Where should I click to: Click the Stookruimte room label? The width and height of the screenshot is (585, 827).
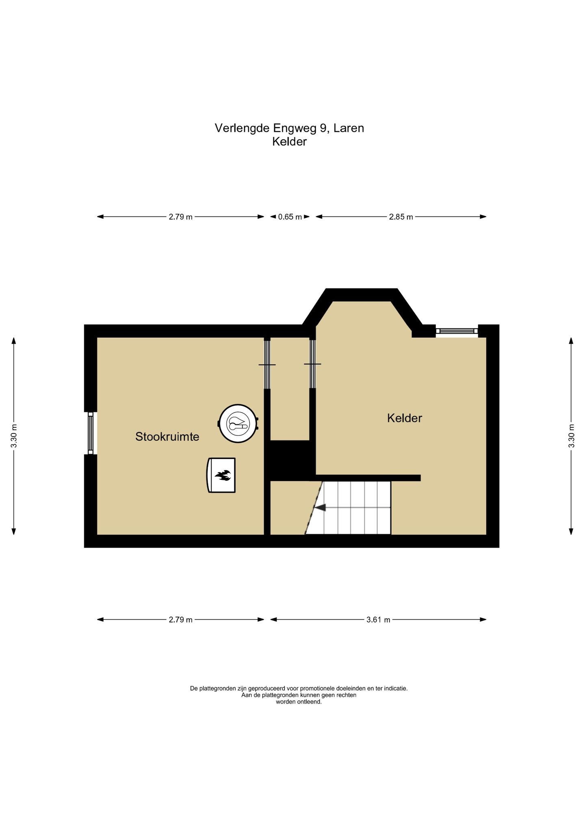167,437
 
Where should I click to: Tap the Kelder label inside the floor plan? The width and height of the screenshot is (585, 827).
405,418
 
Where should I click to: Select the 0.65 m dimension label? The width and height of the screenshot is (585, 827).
290,217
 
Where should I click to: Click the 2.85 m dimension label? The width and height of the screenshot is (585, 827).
401,217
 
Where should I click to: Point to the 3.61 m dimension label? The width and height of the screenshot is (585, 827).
378,619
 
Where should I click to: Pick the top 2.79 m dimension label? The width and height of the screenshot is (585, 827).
181,217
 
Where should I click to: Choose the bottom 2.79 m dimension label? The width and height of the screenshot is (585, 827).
181,619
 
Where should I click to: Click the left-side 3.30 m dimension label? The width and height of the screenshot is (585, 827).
14,436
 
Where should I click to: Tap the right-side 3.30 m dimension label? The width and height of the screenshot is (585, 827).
571,436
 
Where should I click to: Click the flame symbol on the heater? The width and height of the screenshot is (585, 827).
223,475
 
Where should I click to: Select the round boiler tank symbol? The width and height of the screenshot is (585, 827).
238,424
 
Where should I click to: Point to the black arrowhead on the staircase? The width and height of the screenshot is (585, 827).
320,507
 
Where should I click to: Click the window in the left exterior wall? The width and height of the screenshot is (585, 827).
91,433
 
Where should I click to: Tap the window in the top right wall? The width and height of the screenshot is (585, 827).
457,331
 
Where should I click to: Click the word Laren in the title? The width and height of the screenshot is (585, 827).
349,128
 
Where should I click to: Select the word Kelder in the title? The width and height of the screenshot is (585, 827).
290,142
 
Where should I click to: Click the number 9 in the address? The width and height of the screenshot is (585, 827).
323,128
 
